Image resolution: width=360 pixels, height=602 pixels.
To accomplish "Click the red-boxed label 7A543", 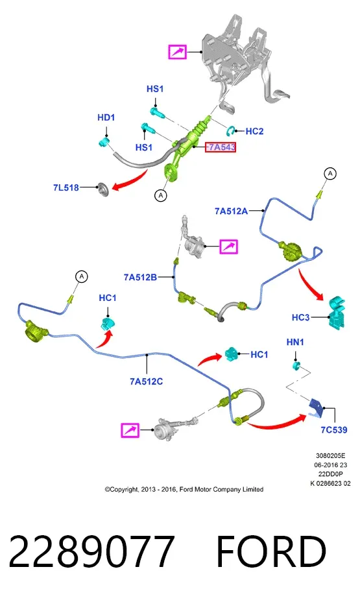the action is tap(221, 147).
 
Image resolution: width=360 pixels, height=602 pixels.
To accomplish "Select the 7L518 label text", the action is tap(66, 187).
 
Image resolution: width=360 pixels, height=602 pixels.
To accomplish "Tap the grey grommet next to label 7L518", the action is tap(104, 189).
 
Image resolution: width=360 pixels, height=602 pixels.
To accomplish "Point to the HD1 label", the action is tap(106, 117).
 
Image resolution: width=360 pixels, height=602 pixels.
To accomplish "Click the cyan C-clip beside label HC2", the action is tap(231, 131).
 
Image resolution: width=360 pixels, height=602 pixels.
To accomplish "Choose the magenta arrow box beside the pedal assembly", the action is tap(177, 51).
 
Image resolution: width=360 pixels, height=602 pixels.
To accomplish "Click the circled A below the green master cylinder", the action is tap(161, 195).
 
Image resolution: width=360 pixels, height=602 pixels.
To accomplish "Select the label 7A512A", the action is tap(231, 211).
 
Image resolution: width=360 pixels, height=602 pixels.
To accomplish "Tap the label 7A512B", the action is tap(141, 277).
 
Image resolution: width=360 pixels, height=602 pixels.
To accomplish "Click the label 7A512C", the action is tap(146, 381).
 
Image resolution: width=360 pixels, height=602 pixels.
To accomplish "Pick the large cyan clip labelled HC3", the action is tap(336, 312).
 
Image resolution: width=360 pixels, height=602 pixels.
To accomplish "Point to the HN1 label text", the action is tap(295, 342).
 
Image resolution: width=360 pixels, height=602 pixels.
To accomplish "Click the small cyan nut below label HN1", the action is tap(296, 365).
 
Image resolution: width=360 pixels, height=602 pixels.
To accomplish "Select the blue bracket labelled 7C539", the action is tap(317, 407).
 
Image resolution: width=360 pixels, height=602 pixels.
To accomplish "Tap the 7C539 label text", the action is tap(334, 430).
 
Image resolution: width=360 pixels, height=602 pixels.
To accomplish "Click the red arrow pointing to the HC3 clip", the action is tap(311, 285).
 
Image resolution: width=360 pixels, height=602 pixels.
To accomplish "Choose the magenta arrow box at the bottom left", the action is tap(130, 430).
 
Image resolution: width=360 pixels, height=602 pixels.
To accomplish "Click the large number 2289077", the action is tap(91, 551).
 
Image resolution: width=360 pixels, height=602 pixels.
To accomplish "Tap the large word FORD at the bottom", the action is tap(271, 551).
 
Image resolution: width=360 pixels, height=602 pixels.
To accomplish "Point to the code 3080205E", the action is tap(330, 456).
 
